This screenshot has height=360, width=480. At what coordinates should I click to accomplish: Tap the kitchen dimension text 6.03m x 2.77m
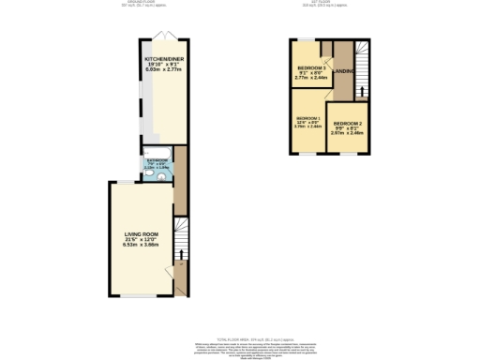coord(157,69)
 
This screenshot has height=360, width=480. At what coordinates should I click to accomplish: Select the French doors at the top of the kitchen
coord(164,37)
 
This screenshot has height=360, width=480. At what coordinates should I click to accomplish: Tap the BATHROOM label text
coord(157,160)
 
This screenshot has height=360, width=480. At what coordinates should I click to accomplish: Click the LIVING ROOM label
coord(142,233)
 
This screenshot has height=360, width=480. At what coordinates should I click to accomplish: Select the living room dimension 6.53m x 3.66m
coord(142,245)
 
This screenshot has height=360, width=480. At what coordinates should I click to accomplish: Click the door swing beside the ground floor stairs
coord(180,272)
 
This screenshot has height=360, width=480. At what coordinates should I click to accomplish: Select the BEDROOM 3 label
coord(311,67)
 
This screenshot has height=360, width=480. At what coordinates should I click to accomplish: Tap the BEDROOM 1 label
coord(308,118)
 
